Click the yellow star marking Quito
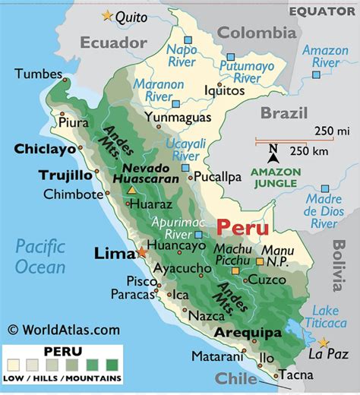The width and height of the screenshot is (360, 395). coord(106,15)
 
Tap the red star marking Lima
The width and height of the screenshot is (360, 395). coord(141,252)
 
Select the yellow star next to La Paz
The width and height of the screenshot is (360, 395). coord(324,343)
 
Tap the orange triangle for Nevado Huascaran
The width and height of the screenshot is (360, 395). coord(132,191)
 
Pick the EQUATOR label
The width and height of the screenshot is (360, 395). coord(322,11)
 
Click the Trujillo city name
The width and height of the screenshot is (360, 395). coord(65,175)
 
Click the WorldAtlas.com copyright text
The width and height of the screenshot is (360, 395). coord(64,330)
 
